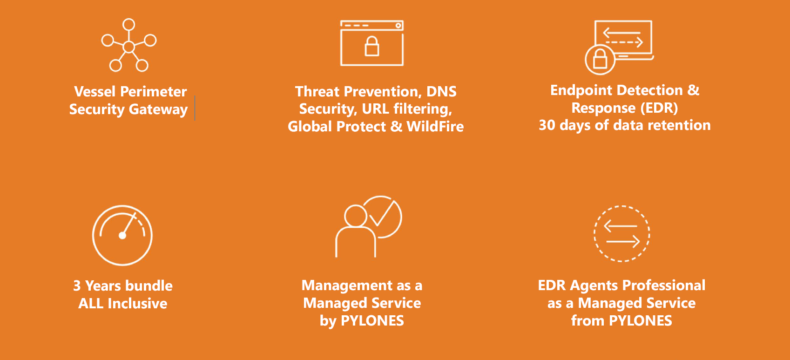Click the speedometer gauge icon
[x=122, y=235]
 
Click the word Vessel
[x=95, y=92]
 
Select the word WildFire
[x=435, y=127]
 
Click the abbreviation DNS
[x=441, y=92]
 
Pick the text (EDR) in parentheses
[x=659, y=108]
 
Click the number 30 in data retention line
[x=547, y=125]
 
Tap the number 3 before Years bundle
[x=77, y=286]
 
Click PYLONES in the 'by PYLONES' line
[x=372, y=321]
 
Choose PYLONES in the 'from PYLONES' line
[x=641, y=321]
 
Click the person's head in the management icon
[x=356, y=216]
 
